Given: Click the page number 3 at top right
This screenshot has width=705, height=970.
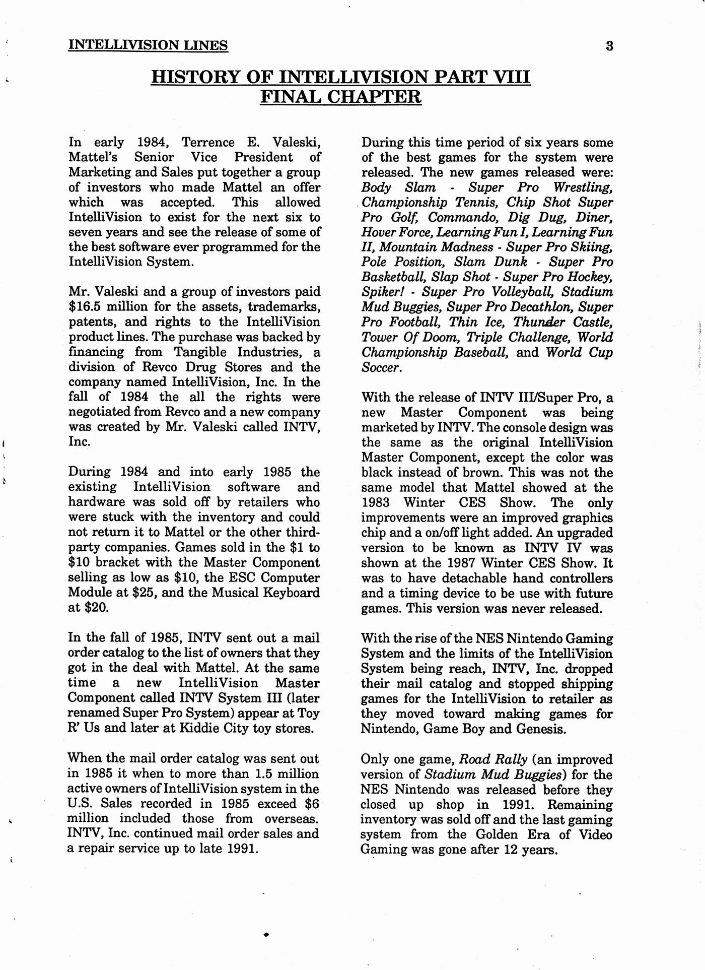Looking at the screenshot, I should (609, 46).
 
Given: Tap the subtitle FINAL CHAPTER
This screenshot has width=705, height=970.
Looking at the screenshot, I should (340, 96).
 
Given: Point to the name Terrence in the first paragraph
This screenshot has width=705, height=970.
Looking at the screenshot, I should (208, 143).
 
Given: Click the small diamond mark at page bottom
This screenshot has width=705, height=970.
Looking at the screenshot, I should (266, 934).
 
